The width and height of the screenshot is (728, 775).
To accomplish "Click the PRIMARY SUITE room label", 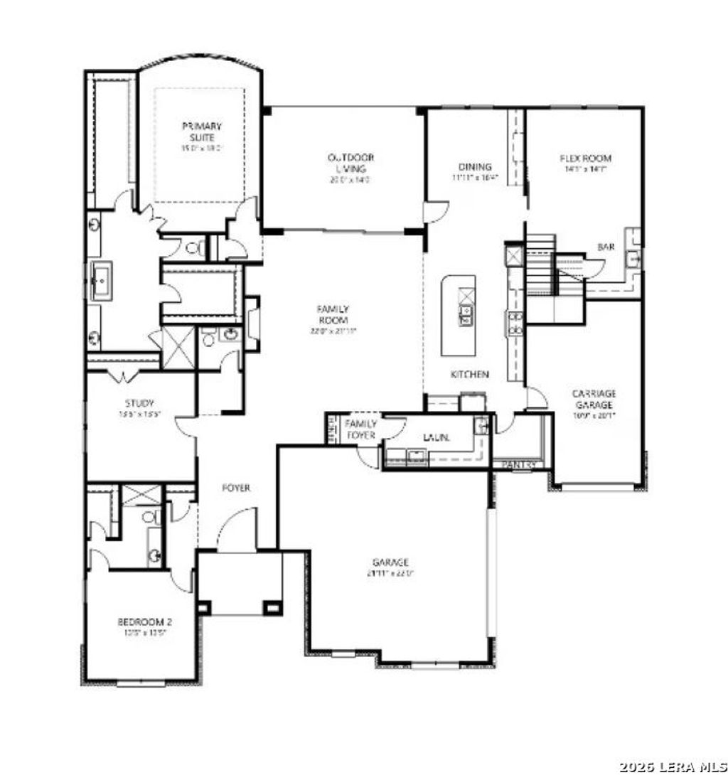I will (x=201, y=132).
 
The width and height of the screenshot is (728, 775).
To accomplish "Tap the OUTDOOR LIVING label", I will (x=350, y=163).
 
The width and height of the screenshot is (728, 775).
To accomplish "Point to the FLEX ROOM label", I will (x=585, y=159).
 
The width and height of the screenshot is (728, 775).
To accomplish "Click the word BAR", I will (x=606, y=247).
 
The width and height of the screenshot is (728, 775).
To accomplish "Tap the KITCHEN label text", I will (x=469, y=374).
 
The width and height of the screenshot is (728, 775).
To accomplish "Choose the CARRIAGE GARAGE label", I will (x=594, y=398).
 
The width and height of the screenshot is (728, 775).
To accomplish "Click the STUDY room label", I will (x=139, y=403).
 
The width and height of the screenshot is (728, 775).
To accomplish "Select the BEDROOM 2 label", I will (x=145, y=621).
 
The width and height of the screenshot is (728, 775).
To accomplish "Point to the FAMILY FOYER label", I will (x=361, y=429).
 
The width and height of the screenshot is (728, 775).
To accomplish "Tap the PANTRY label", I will (x=518, y=464).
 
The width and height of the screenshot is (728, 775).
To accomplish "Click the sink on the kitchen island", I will (x=466, y=314).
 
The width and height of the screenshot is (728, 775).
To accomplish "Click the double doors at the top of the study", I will (x=122, y=376).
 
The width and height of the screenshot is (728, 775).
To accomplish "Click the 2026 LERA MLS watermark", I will (x=672, y=766).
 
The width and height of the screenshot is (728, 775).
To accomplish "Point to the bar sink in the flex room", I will (x=633, y=259).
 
